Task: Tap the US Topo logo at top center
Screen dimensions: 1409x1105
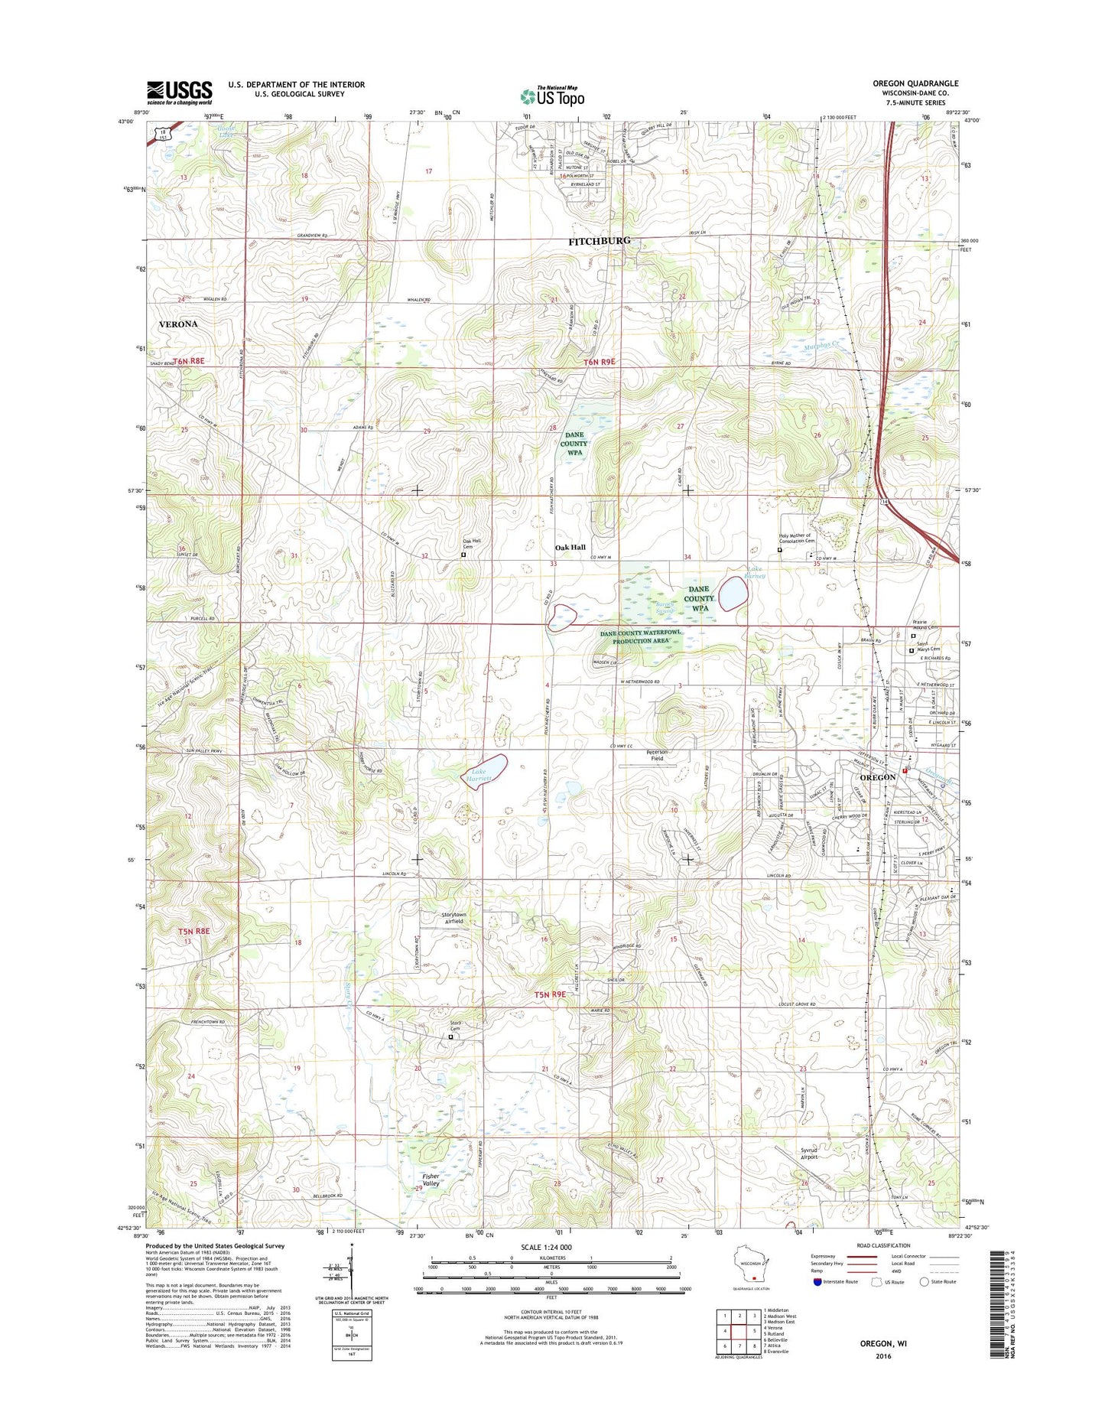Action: click(x=552, y=96)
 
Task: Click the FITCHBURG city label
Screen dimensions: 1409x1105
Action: click(x=599, y=241)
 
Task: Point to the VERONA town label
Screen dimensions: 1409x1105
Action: click(x=177, y=324)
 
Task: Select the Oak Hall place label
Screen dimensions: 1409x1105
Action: click(x=570, y=547)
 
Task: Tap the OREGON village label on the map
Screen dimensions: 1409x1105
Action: click(x=875, y=777)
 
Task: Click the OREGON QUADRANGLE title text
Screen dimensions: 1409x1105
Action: click(x=915, y=83)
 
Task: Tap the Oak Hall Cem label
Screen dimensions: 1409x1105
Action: click(x=472, y=544)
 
